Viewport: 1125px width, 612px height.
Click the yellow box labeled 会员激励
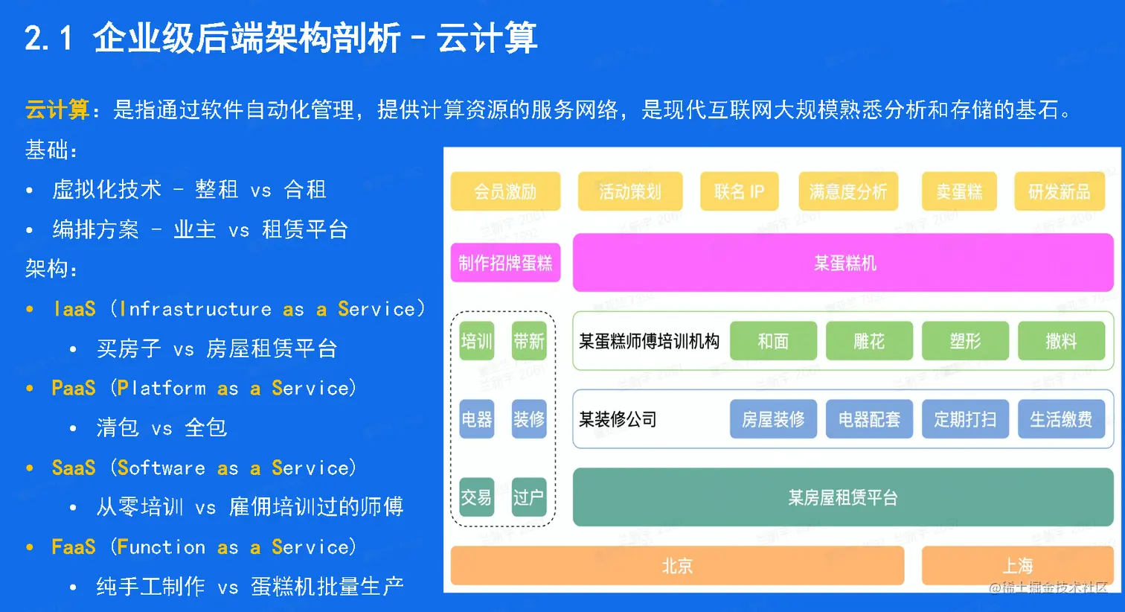click(x=505, y=191)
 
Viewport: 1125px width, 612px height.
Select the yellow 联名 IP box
click(x=740, y=191)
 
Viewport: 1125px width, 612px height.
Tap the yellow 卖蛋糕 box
click(x=959, y=191)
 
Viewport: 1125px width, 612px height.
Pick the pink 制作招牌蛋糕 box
click(x=505, y=262)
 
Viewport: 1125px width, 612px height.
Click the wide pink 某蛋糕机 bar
click(x=843, y=262)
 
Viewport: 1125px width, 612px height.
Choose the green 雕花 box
click(x=869, y=341)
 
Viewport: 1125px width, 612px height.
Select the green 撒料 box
click(x=1061, y=341)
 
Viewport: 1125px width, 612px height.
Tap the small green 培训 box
click(x=477, y=341)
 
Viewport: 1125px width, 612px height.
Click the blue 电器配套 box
click(x=869, y=418)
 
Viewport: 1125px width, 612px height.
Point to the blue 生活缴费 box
click(x=1061, y=418)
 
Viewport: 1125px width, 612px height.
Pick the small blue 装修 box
click(x=529, y=418)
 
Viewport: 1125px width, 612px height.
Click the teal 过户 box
click(x=529, y=497)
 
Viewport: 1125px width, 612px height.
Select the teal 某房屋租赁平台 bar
click(x=843, y=497)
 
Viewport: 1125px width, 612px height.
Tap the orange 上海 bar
click(x=1018, y=565)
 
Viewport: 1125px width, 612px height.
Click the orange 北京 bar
click(x=677, y=565)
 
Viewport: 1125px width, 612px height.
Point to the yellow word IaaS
click(x=74, y=308)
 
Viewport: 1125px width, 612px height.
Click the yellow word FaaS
click(x=74, y=546)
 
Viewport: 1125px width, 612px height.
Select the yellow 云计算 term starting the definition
click(x=57, y=109)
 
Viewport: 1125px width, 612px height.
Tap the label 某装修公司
click(x=618, y=419)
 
